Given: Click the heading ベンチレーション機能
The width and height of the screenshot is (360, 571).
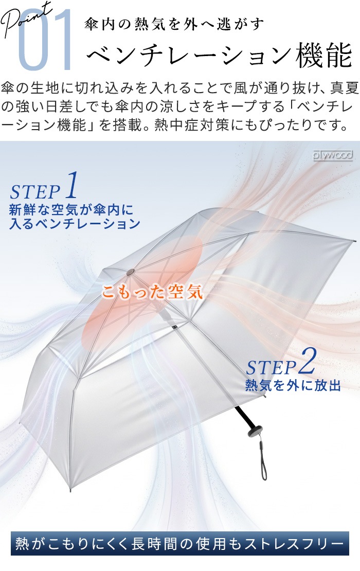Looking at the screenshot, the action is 220,56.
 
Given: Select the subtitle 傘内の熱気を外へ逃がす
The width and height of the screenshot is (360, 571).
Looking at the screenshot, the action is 174,24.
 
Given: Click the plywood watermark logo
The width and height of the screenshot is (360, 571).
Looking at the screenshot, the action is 333,155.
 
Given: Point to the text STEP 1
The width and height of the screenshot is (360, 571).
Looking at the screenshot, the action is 44,186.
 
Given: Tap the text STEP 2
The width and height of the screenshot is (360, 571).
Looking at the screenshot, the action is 281,362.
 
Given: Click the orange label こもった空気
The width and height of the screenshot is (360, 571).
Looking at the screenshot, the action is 152,292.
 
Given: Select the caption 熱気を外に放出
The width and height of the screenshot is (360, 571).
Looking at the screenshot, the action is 293,385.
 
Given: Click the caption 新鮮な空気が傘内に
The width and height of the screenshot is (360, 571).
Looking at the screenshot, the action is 71,210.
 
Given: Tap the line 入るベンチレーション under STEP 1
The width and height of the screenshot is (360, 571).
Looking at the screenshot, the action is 75,224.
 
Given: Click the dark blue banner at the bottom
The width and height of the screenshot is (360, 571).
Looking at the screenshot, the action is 180,543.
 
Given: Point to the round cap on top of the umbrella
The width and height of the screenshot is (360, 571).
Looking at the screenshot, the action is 130,272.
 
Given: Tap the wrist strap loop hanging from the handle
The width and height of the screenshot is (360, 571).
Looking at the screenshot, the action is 263,461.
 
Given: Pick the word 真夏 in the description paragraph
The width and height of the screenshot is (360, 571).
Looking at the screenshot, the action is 345,88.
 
